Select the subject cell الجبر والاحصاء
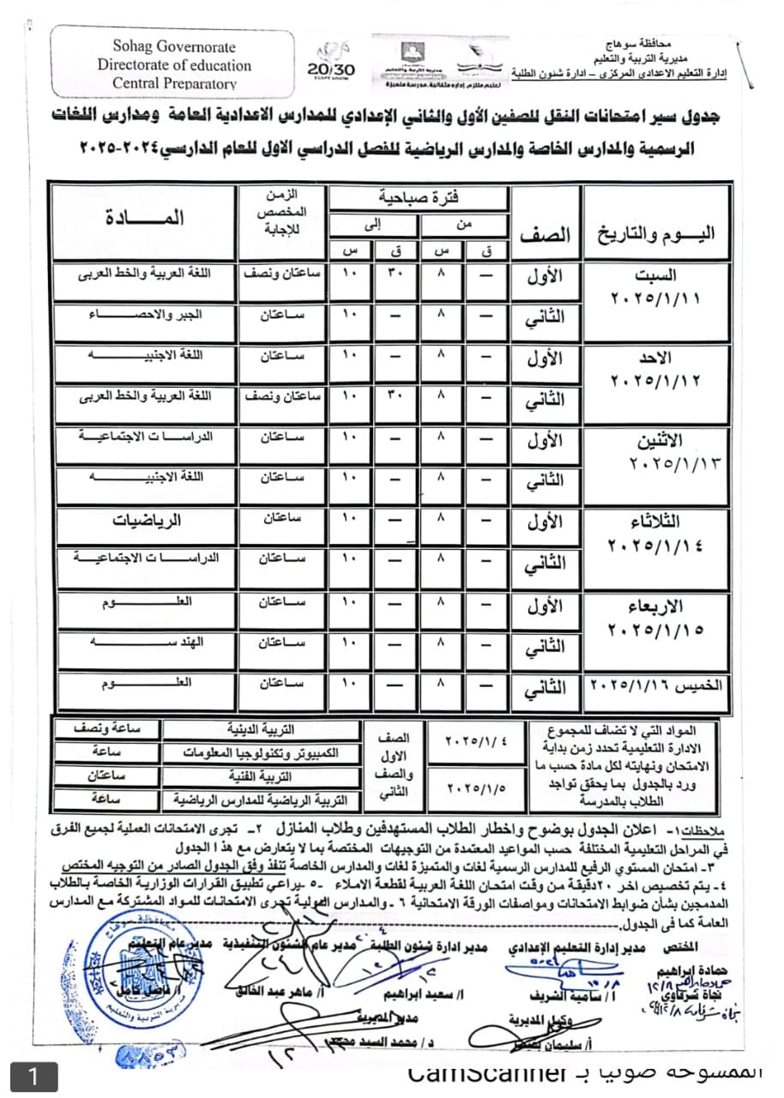point(150,315)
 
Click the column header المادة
point(146,217)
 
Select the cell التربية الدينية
point(261,729)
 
